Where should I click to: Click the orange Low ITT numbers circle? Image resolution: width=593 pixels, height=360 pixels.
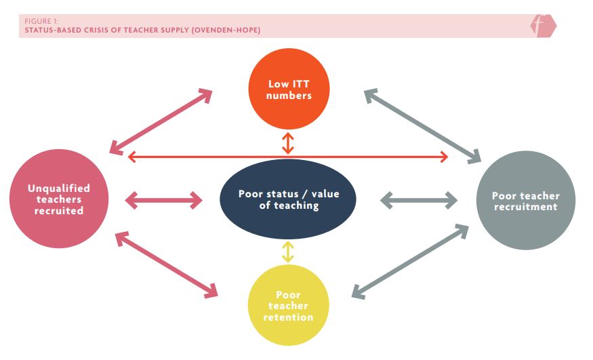point(289,89)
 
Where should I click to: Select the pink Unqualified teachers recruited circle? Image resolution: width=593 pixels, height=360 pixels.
point(59,199)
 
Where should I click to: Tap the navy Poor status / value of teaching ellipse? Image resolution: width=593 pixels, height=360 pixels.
point(288,199)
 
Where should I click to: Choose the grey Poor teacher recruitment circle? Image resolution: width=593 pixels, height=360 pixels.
point(525,201)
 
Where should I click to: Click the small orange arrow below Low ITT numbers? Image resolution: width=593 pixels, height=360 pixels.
point(288,143)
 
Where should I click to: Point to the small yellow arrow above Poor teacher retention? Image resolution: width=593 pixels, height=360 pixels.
point(288,252)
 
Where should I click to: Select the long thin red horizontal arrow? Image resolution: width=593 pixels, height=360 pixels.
point(288,157)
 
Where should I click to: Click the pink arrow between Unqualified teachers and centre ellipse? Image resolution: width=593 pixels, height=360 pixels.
point(165,200)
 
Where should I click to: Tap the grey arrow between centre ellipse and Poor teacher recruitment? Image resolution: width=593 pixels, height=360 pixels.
point(419,200)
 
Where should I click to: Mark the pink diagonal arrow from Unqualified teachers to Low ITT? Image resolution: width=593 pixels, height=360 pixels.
point(160,121)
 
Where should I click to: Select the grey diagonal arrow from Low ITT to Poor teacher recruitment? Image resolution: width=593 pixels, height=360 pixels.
point(422,126)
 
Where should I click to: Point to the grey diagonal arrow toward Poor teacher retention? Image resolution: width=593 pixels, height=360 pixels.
point(410,261)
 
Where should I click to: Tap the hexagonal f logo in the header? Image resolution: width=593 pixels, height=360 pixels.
point(542,26)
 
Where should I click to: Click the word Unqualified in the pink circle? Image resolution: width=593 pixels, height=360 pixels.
point(59,188)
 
